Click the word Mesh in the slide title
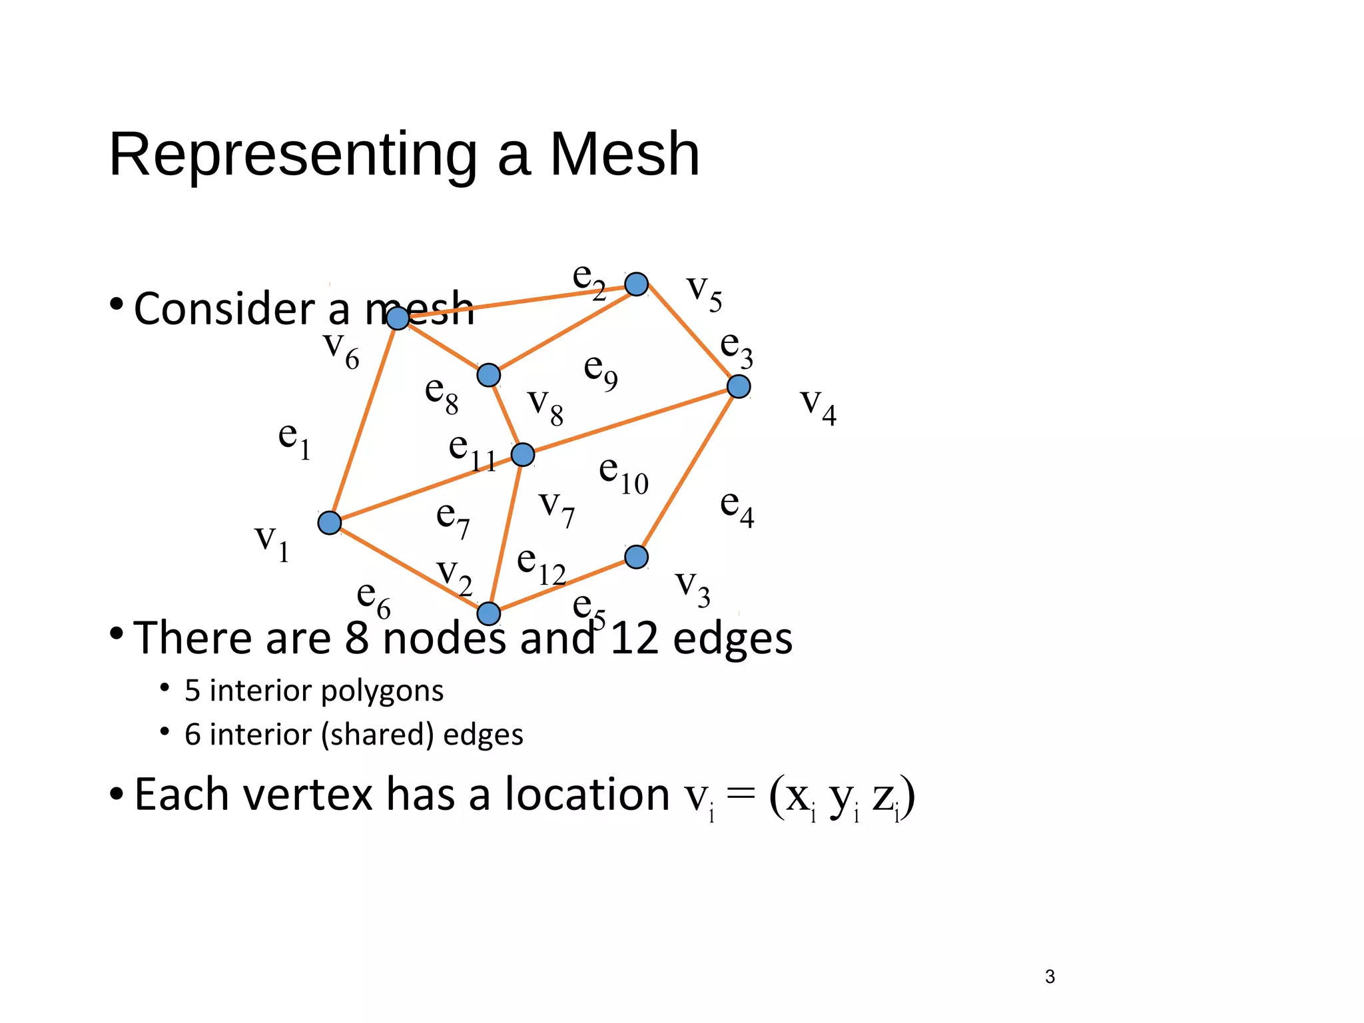(624, 155)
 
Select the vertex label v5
(704, 292)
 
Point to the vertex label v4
(818, 405)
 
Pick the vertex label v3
(693, 587)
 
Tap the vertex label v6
(341, 349)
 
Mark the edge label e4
(737, 508)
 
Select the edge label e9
(600, 370)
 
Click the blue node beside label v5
(637, 284)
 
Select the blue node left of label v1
(330, 523)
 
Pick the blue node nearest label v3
(636, 557)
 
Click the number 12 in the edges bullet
(633, 638)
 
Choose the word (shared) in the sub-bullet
(377, 735)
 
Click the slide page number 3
(1050, 976)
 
